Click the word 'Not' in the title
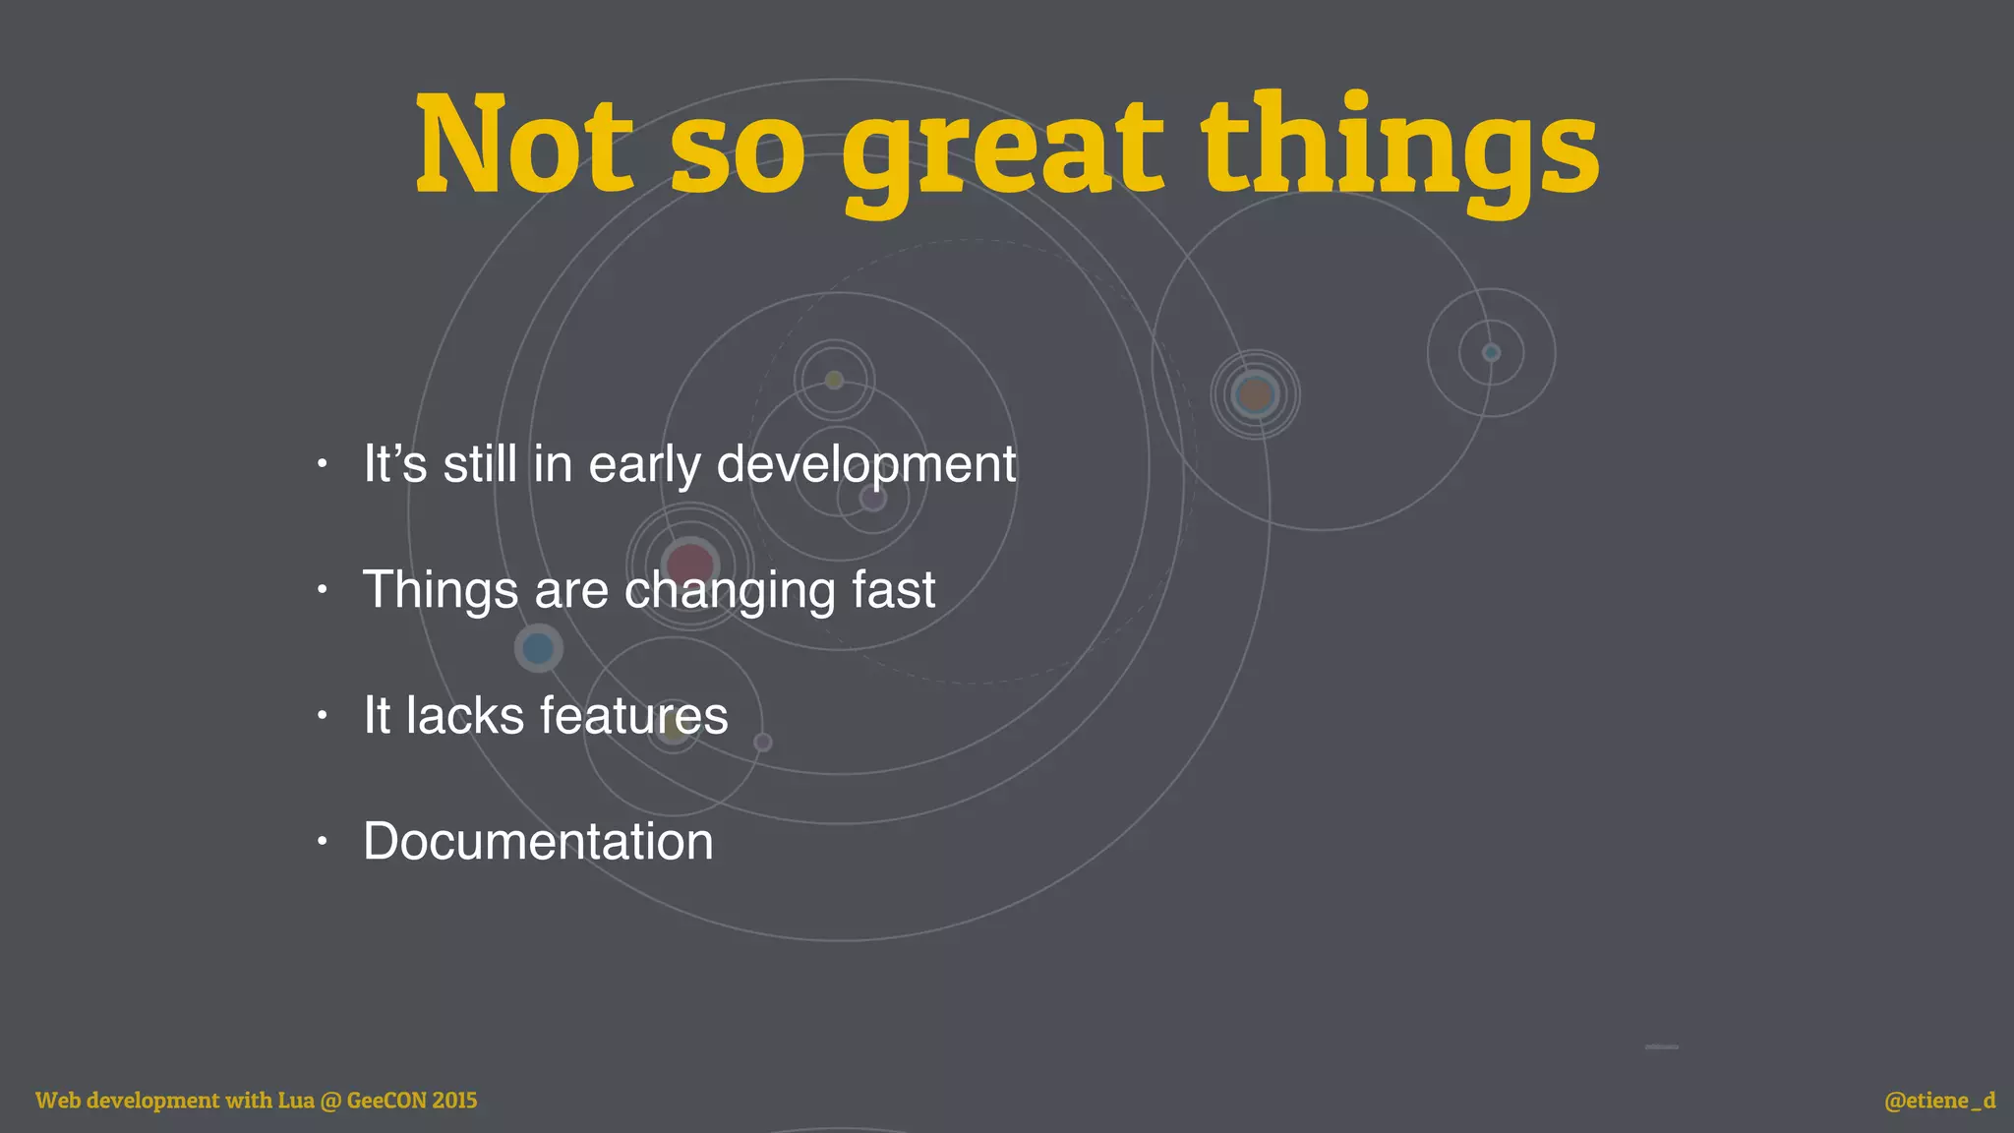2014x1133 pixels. point(523,145)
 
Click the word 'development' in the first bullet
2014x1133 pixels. point(865,464)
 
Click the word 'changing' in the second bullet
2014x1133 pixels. point(730,590)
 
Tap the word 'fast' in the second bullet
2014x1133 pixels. point(894,590)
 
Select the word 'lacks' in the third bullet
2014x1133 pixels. point(465,715)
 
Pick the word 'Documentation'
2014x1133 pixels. point(538,842)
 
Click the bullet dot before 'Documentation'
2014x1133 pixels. point(322,842)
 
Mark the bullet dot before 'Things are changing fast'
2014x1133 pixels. point(322,590)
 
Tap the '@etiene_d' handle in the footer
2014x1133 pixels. point(1939,1101)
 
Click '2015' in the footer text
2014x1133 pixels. point(454,1101)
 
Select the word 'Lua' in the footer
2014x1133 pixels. point(295,1101)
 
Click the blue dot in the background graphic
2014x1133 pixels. point(538,649)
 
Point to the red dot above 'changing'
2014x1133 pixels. point(689,564)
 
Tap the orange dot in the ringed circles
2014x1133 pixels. point(1255,395)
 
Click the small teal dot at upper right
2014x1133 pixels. point(1491,352)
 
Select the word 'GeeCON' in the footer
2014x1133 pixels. point(386,1101)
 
